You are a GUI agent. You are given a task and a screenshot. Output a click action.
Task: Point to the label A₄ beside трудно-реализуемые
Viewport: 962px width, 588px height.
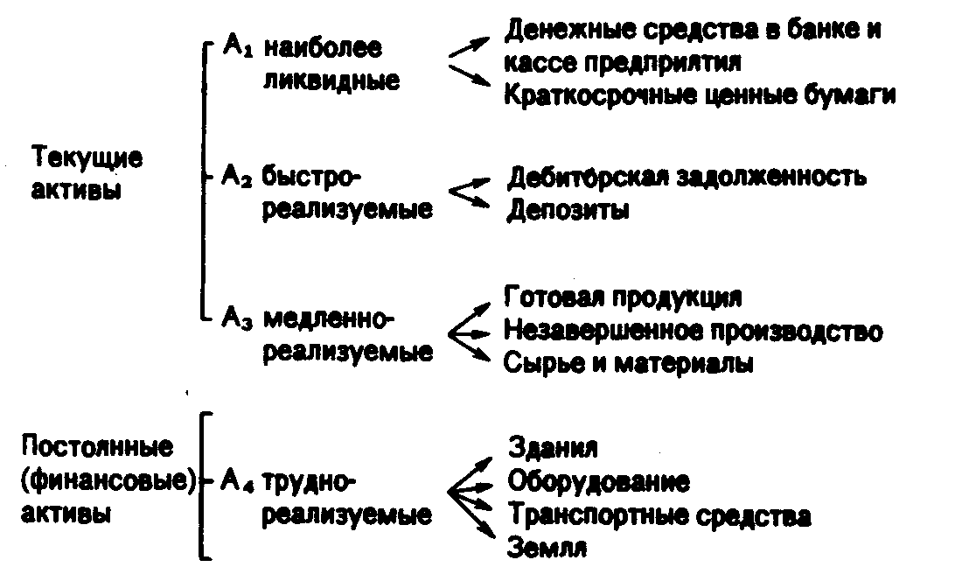pyautogui.click(x=238, y=479)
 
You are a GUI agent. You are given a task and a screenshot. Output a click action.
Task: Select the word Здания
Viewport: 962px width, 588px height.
pyautogui.click(x=552, y=448)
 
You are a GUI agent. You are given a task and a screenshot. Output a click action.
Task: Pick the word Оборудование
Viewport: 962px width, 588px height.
pyautogui.click(x=598, y=481)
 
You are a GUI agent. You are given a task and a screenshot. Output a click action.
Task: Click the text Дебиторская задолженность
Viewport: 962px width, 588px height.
pyautogui.click(x=687, y=178)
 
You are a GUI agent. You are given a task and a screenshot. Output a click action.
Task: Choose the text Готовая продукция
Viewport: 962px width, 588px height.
pyautogui.click(x=623, y=297)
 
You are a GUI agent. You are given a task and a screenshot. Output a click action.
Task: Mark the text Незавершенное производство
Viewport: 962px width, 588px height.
pyautogui.click(x=693, y=331)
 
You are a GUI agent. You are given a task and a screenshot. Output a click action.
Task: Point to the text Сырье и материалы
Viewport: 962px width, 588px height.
pyautogui.click(x=628, y=363)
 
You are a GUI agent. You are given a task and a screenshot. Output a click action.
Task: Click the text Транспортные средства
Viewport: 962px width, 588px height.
pyautogui.click(x=659, y=514)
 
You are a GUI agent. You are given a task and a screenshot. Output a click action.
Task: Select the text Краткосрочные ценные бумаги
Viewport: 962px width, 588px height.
pyautogui.click(x=700, y=94)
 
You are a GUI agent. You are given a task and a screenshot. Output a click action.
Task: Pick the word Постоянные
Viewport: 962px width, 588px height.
pyautogui.click(x=96, y=447)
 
